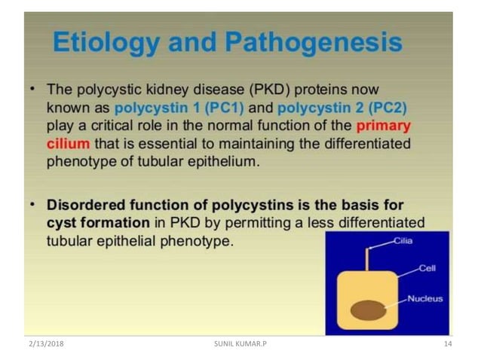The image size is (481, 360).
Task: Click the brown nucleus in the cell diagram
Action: click(x=367, y=309)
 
